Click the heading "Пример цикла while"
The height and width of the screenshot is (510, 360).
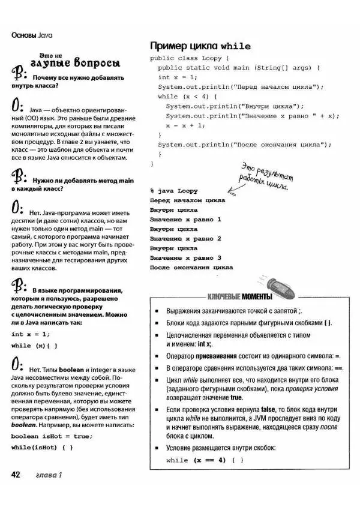[200, 46]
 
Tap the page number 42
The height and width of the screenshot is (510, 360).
[17, 475]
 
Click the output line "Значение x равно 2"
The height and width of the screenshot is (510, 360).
[185, 239]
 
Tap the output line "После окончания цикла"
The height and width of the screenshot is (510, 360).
[191, 268]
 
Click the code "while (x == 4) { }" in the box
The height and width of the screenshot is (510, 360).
[205, 460]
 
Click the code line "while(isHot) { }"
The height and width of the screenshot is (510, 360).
[42, 448]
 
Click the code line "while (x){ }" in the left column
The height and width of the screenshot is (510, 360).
[35, 346]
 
